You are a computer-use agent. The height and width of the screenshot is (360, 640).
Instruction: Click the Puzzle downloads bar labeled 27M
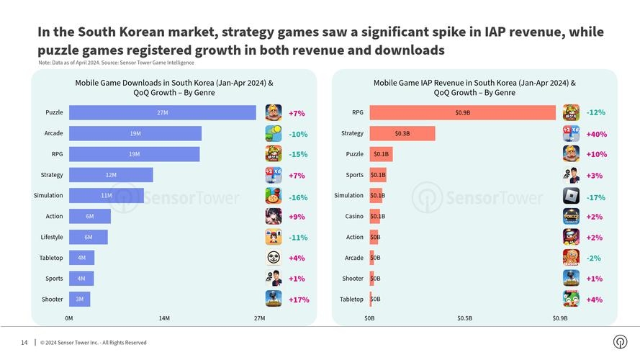tap(162, 113)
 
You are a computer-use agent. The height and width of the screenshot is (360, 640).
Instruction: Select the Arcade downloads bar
tap(135, 134)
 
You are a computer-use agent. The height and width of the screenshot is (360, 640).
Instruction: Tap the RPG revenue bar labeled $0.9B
tap(462, 113)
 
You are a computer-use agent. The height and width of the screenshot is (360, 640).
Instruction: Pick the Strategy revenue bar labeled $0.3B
tap(402, 133)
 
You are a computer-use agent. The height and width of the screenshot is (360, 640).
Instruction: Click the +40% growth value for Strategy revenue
tap(596, 134)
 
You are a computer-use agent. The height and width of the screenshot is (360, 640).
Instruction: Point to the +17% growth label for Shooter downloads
tap(298, 300)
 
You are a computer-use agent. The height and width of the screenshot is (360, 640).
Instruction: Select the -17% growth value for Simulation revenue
tap(595, 197)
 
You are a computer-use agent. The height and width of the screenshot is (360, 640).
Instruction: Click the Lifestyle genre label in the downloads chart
tap(51, 237)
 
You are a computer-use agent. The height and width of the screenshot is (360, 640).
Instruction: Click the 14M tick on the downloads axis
tap(164, 318)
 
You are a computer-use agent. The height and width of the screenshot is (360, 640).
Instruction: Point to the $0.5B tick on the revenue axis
tap(464, 318)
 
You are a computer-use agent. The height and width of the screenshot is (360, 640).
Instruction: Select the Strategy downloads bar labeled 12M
tap(111, 175)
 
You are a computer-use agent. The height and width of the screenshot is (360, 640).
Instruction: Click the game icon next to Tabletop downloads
tap(274, 258)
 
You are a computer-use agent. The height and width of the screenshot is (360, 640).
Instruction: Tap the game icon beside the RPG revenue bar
tap(571, 112)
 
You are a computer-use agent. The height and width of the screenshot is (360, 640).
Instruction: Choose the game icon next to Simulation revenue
tap(571, 196)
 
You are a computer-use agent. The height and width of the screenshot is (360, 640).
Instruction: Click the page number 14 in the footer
tap(24, 342)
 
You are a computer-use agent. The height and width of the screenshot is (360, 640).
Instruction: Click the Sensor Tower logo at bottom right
tap(619, 342)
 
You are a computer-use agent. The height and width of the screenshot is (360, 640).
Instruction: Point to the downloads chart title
tap(173, 88)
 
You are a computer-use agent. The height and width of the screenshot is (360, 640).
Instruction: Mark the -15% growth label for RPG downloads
tap(298, 154)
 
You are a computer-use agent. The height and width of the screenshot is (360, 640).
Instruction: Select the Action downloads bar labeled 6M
tap(90, 216)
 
